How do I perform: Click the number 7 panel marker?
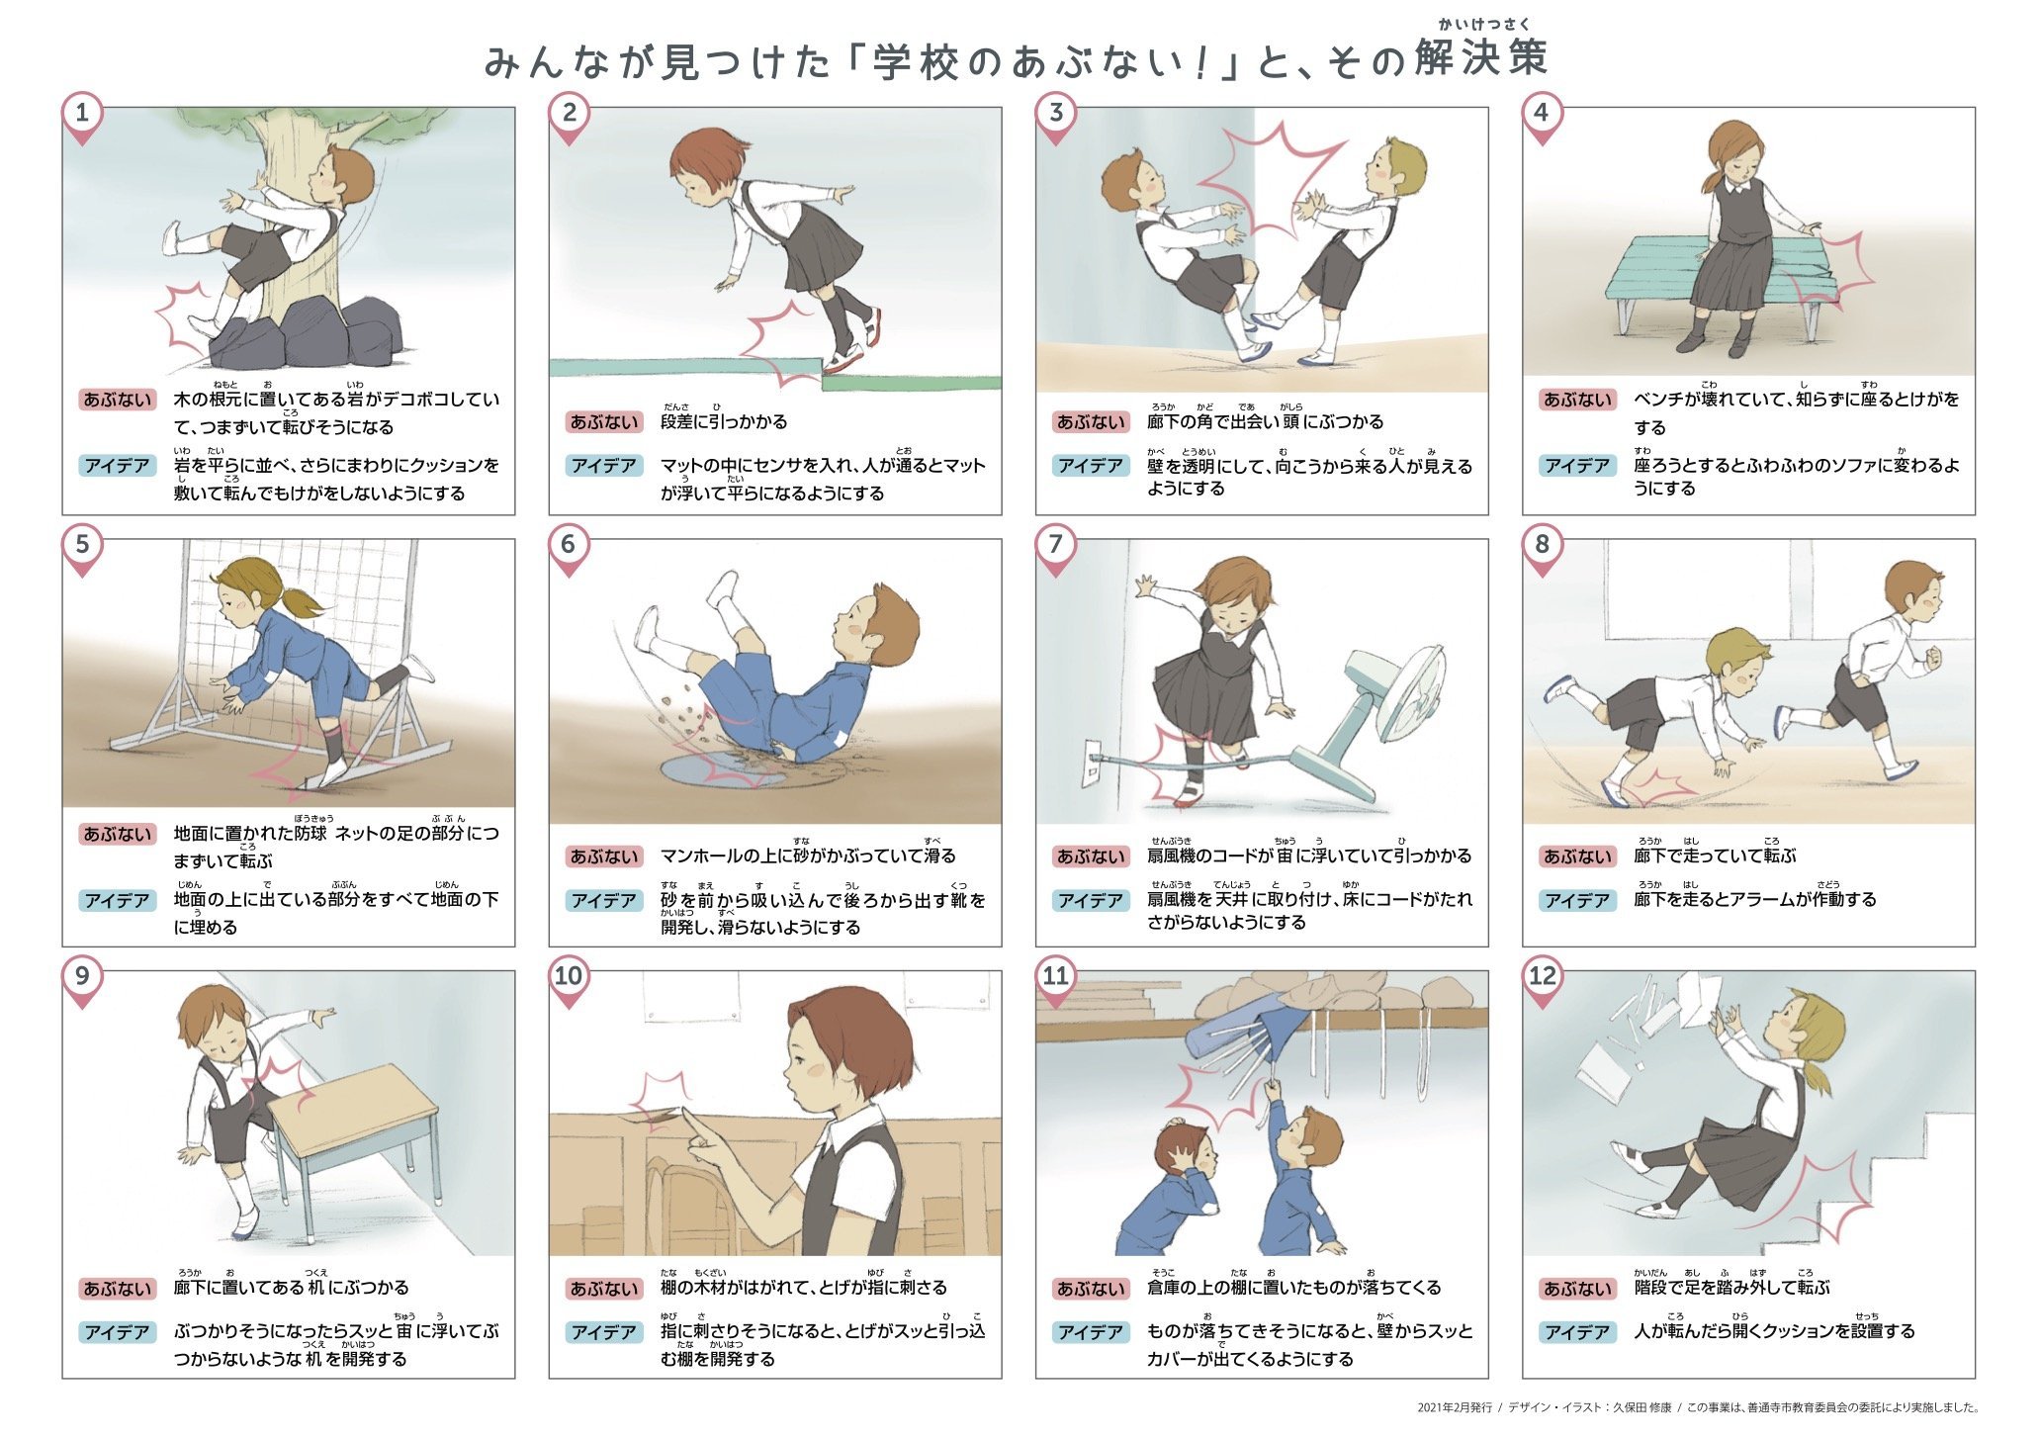point(1055,546)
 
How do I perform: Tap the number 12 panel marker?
point(1542,978)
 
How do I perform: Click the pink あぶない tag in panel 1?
point(118,400)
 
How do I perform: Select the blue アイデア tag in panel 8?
point(1578,900)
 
